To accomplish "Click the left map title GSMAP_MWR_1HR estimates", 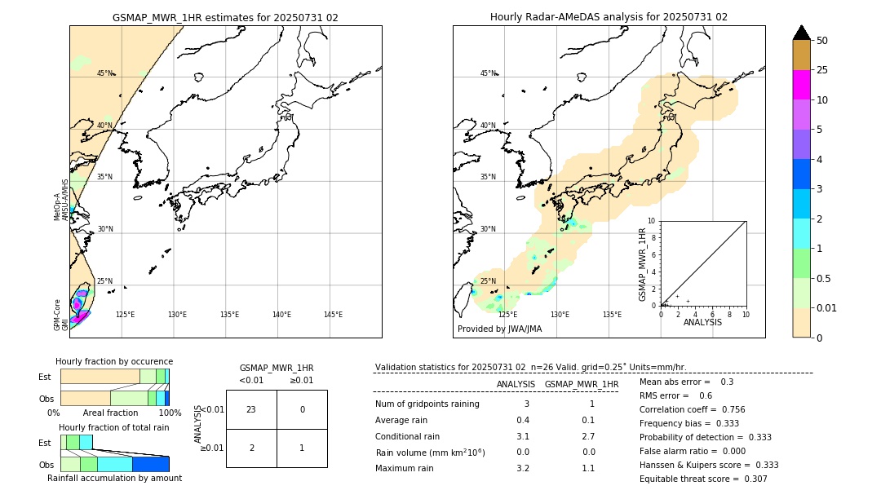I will [x=225, y=17].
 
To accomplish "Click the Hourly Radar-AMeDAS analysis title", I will [x=609, y=17].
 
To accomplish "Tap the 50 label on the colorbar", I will [x=822, y=41].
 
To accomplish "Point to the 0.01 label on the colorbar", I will [x=826, y=307].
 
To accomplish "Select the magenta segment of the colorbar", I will [x=801, y=85].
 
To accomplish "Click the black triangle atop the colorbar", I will [x=801, y=33].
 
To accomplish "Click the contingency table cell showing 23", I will [x=251, y=409].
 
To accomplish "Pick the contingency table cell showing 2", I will [x=251, y=448].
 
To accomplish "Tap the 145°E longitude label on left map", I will [x=333, y=315].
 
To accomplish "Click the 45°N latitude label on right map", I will [x=487, y=73].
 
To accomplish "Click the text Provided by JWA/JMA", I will [x=499, y=329].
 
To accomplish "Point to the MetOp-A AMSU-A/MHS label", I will [x=61, y=200].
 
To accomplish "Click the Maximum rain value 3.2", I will [x=523, y=468].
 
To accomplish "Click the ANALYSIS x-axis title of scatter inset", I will [x=702, y=322].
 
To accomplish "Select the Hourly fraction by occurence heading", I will [x=114, y=361].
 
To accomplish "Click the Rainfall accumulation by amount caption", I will [x=114, y=479].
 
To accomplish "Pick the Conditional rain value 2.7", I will [x=588, y=436].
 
